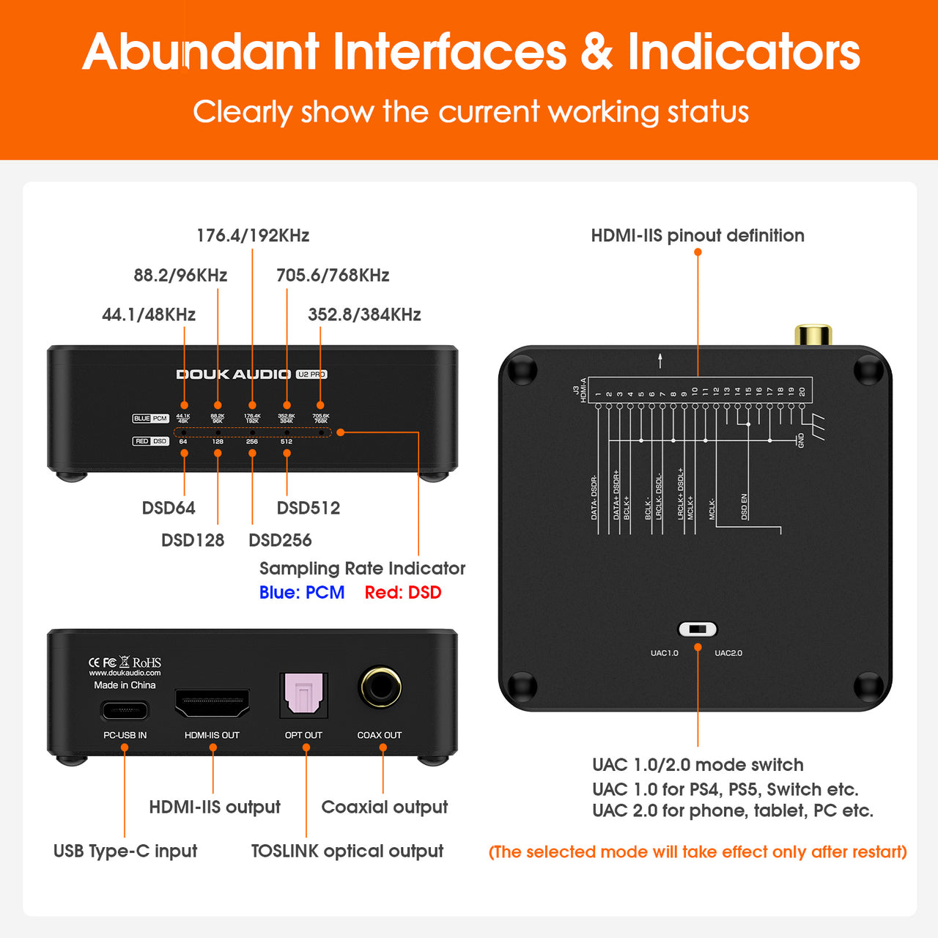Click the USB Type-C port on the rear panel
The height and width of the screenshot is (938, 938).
125,711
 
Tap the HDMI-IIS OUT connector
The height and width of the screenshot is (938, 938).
213,703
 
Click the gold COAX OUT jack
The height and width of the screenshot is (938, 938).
380,687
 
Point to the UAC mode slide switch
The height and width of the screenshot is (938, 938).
698,629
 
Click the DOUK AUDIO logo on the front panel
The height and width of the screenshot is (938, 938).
234,374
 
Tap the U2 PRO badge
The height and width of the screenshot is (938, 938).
311,374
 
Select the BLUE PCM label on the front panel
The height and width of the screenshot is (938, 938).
150,418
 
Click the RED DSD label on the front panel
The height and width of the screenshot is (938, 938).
150,441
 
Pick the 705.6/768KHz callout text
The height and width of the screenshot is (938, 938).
333,276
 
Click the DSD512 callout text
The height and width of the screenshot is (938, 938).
309,508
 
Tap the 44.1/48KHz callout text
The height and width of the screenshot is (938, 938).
149,315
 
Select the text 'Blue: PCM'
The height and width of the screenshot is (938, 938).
302,593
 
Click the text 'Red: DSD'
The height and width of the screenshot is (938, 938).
403,593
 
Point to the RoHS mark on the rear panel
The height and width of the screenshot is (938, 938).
147,662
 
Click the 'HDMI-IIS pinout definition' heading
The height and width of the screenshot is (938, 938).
698,236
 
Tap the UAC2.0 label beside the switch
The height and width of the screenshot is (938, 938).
728,653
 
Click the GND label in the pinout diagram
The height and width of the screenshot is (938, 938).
801,440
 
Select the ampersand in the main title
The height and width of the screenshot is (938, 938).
597,52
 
